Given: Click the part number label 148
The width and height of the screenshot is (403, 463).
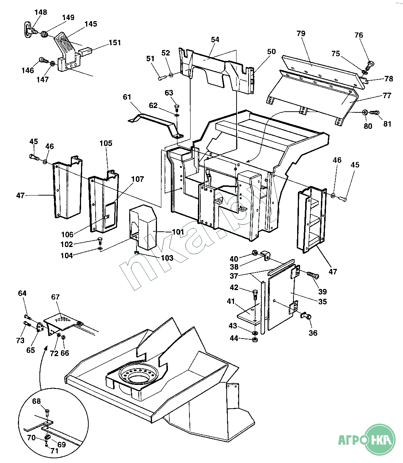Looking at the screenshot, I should coord(41,12).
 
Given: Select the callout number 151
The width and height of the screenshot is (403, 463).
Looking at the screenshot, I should coord(115,43).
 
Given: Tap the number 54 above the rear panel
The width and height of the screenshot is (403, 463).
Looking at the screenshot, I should coord(215,39).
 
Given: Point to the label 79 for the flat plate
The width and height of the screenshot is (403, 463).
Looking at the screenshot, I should coord(301,34).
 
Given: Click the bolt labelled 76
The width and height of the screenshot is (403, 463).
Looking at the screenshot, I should coord(369,66).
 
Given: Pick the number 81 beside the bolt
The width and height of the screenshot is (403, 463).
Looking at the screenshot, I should coord(387,124).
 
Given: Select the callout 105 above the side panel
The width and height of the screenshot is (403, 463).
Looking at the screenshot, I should coord(106,143).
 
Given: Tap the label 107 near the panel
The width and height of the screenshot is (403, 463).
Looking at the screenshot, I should coord(138,179).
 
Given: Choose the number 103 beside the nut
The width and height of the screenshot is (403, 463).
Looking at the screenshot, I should coord(167,258).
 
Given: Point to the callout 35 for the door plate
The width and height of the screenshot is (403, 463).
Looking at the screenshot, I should coord(322,302).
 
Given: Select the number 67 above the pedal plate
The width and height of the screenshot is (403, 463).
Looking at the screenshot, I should coord(55,297).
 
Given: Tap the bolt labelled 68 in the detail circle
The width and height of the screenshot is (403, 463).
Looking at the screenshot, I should coord(47,412).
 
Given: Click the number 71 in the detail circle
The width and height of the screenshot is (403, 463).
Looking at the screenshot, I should coord(54,451).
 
